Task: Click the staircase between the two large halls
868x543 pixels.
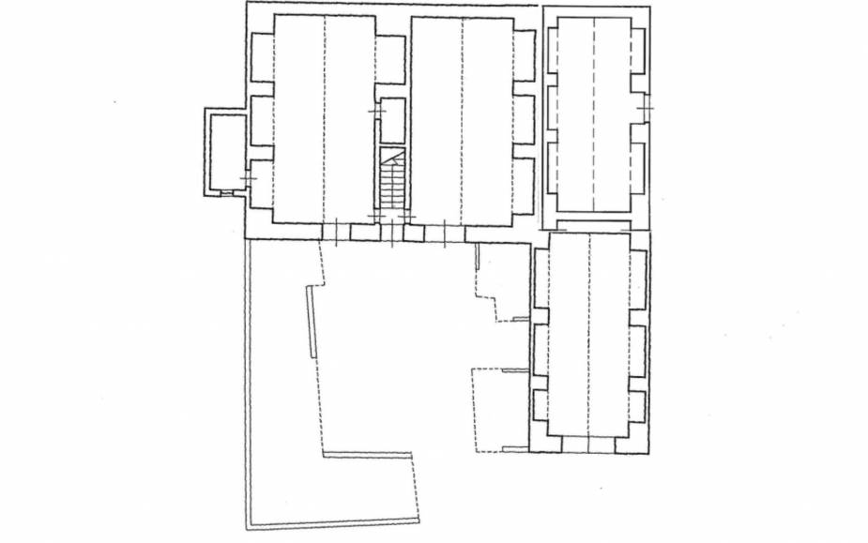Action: tap(391, 184)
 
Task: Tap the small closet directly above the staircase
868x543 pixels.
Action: tap(392, 120)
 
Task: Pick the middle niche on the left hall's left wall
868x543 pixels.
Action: tap(262, 120)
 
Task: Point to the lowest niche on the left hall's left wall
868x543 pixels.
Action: tap(262, 183)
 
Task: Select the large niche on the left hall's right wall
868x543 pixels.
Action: tap(389, 59)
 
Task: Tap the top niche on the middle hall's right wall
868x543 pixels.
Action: tap(523, 56)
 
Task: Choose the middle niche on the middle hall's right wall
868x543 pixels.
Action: tap(523, 119)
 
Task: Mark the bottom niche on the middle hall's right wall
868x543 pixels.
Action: tap(523, 184)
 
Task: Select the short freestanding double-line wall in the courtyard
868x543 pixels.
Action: tap(311, 321)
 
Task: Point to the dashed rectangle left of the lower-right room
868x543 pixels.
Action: tap(499, 410)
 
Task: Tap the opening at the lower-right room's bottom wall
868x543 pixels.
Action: tap(588, 444)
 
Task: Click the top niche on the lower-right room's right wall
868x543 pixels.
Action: tap(637, 279)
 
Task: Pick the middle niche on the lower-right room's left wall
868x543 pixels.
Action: tap(540, 349)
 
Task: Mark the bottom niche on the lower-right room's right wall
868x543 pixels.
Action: tap(637, 405)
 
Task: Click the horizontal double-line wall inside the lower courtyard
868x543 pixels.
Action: tap(367, 456)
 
